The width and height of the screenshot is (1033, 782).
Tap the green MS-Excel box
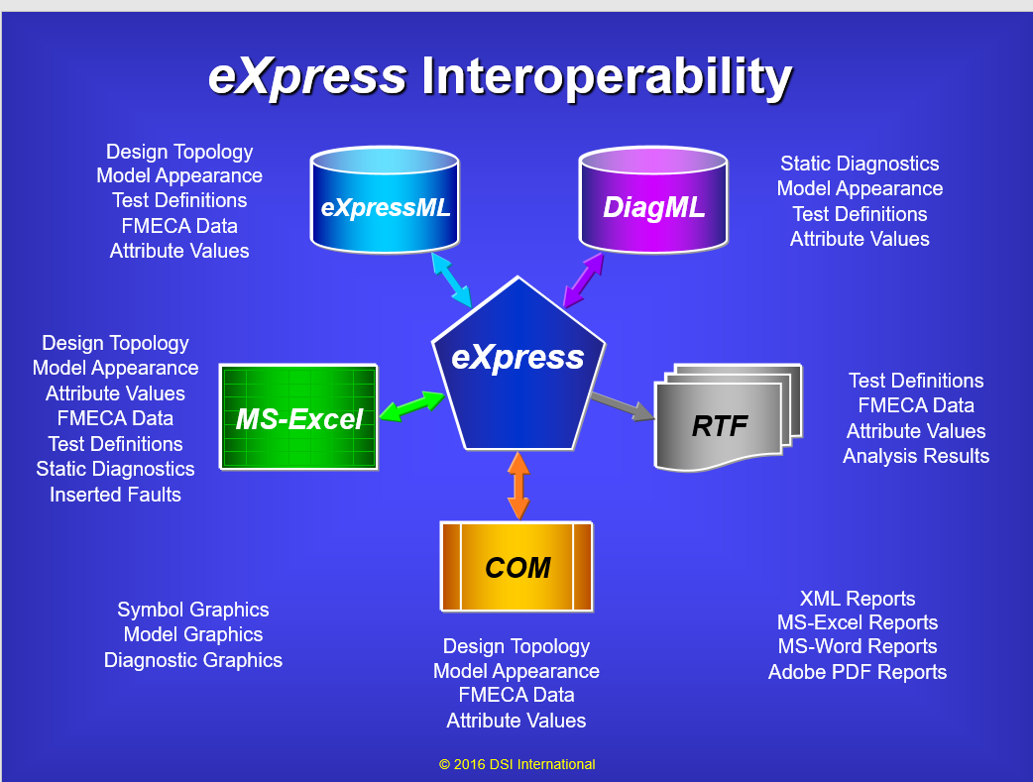coord(298,417)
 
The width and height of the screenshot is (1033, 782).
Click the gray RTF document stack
coord(728,417)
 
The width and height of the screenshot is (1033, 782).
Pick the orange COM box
coord(516,567)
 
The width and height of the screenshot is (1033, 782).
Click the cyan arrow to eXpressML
coord(451,279)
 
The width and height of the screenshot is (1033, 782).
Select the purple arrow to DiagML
coord(584,279)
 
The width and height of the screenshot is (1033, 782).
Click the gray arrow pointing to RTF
coord(623,405)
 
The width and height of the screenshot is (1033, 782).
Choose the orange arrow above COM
coord(518,486)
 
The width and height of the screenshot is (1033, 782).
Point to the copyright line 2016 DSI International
coord(517,764)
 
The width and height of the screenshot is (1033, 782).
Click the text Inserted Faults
coord(115,495)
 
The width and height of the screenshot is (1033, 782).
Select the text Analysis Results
coord(916,456)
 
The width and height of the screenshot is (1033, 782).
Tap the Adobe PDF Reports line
coord(858,672)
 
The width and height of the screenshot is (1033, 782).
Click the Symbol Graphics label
coord(193,610)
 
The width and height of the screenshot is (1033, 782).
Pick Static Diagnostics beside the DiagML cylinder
coord(860,164)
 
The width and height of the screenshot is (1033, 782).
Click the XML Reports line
coord(858,599)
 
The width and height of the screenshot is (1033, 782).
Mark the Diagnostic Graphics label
coord(193,660)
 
